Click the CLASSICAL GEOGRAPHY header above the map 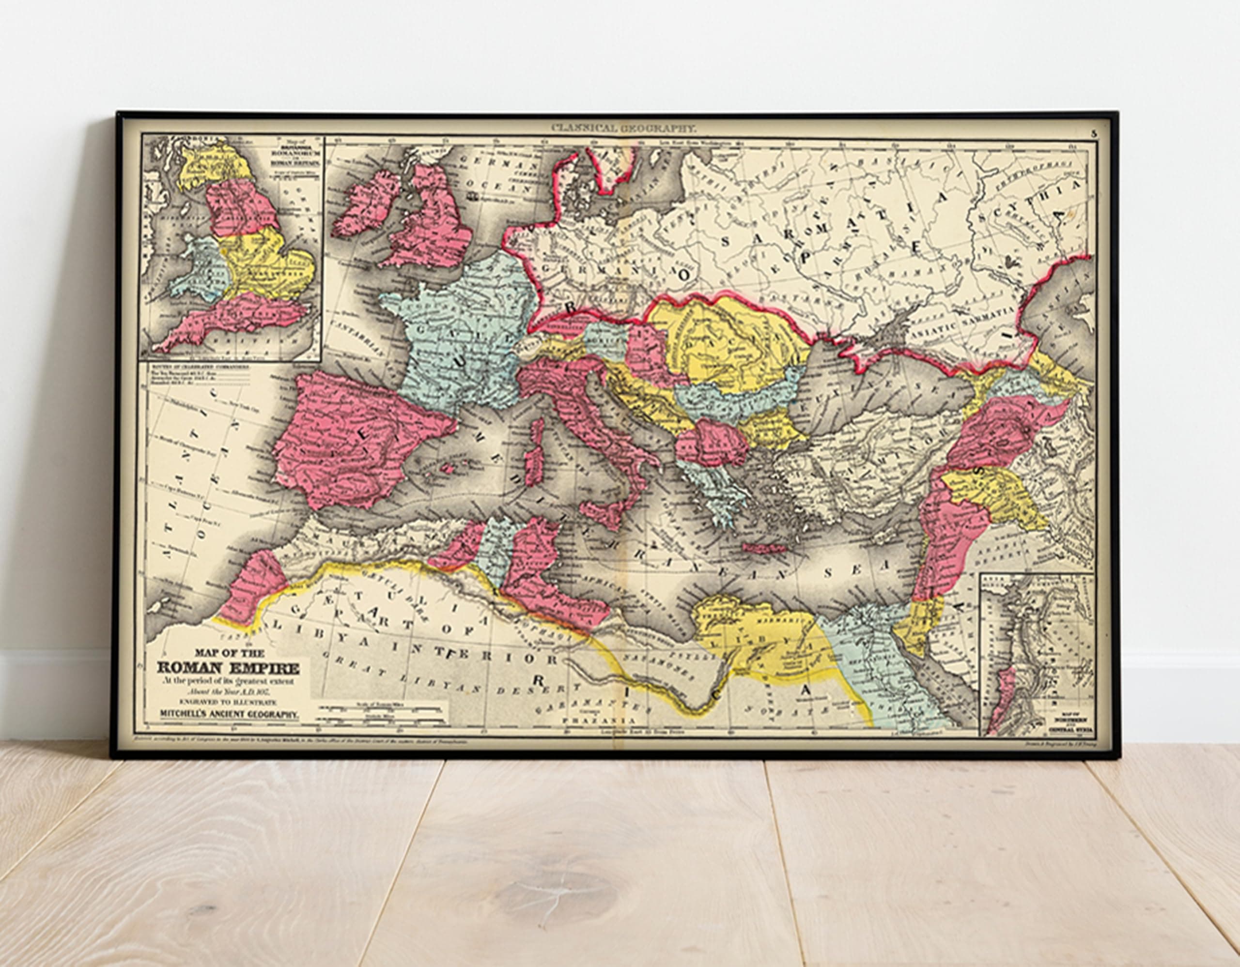[623, 128]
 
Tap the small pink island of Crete [762, 549]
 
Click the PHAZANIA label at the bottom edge [598, 720]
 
